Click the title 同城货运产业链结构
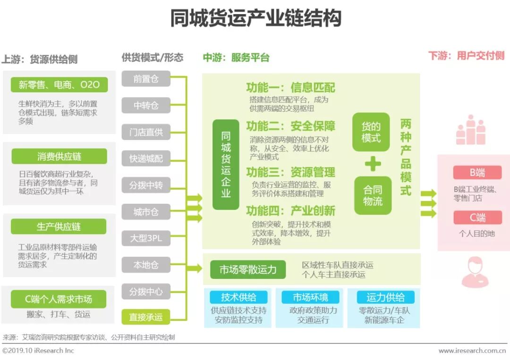coord(255,19)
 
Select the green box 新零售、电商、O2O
coord(59,85)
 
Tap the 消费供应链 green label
coord(59,157)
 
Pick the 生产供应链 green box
coord(59,227)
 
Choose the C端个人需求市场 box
coord(59,299)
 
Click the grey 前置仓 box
coord(146,79)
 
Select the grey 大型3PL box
coord(146,238)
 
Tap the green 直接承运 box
coord(146,317)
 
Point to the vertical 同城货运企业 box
coord(226,164)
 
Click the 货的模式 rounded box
coord(371,132)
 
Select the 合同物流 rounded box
coord(373,195)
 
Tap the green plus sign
coord(373,164)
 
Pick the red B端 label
coord(477,173)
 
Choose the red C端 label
coord(477,218)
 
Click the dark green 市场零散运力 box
coord(248,270)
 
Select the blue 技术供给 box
coord(238,297)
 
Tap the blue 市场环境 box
coord(310,297)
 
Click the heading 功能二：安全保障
coord(290,126)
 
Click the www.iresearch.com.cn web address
coord(472,351)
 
